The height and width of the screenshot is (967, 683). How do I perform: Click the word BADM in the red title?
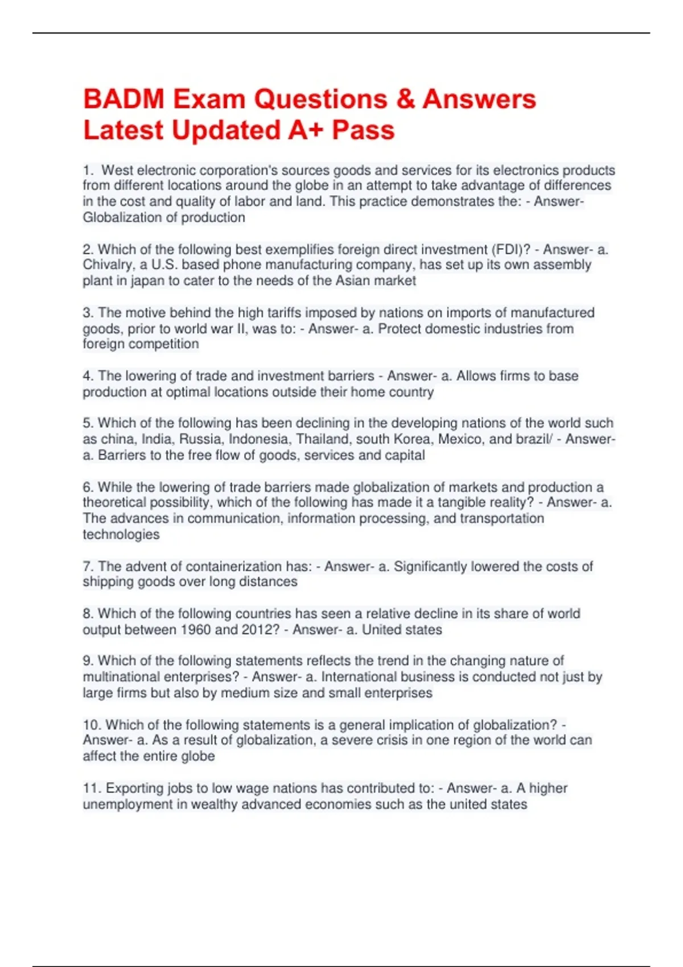[x=124, y=99]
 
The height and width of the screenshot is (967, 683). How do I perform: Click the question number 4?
[x=88, y=376]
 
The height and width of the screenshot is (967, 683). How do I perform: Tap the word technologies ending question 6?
[x=121, y=534]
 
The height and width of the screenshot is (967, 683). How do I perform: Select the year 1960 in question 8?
[x=196, y=630]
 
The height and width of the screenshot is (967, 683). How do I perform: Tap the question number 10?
[x=92, y=725]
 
